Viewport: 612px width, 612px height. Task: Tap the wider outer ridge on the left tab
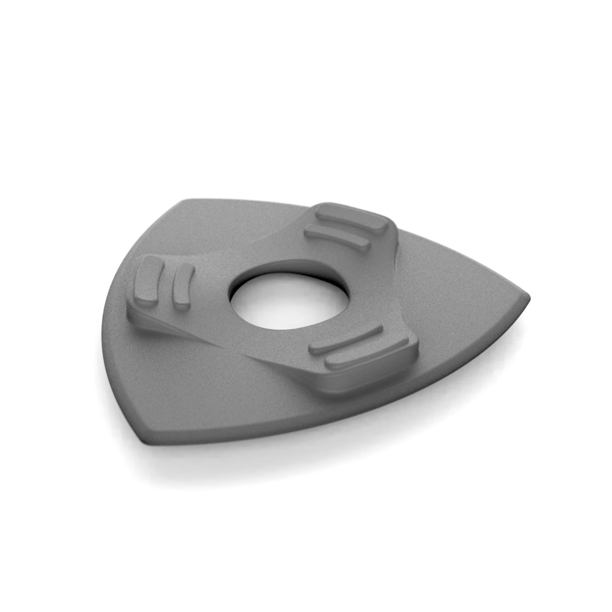pyautogui.click(x=147, y=281)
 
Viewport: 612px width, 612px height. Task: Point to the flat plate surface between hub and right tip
pyautogui.click(x=446, y=307)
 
